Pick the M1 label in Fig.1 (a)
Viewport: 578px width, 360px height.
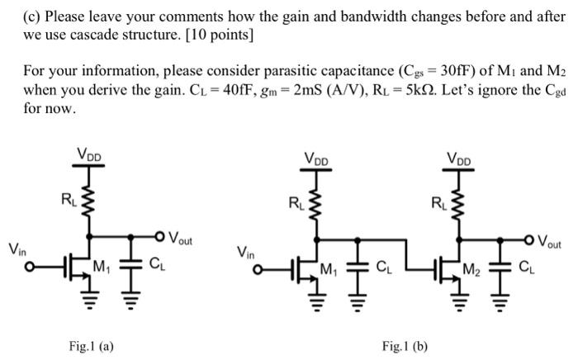tap(102, 266)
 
